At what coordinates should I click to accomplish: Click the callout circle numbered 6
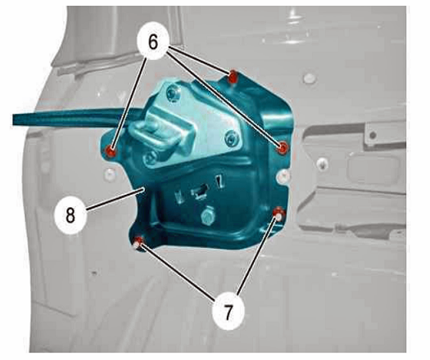(x=153, y=43)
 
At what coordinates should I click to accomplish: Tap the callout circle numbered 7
(x=228, y=313)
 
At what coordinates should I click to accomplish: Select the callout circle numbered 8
(x=70, y=215)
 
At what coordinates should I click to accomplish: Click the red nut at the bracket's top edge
(x=233, y=76)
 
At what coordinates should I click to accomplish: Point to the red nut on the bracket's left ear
(x=111, y=151)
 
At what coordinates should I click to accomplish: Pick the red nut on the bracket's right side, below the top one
(x=283, y=148)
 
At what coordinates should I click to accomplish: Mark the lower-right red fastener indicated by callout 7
(x=279, y=214)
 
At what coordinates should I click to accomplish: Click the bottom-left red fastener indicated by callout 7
(x=138, y=242)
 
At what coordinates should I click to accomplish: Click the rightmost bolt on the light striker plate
(x=232, y=138)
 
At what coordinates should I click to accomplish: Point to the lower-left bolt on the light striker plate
(x=150, y=158)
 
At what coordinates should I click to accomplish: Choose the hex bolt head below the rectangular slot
(x=207, y=216)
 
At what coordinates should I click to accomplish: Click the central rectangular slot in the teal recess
(x=201, y=191)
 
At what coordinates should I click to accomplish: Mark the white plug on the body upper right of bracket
(x=310, y=79)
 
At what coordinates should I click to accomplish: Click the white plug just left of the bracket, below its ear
(x=110, y=174)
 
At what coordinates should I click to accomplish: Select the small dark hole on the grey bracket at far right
(x=372, y=135)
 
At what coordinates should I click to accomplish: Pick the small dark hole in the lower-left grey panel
(x=94, y=273)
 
